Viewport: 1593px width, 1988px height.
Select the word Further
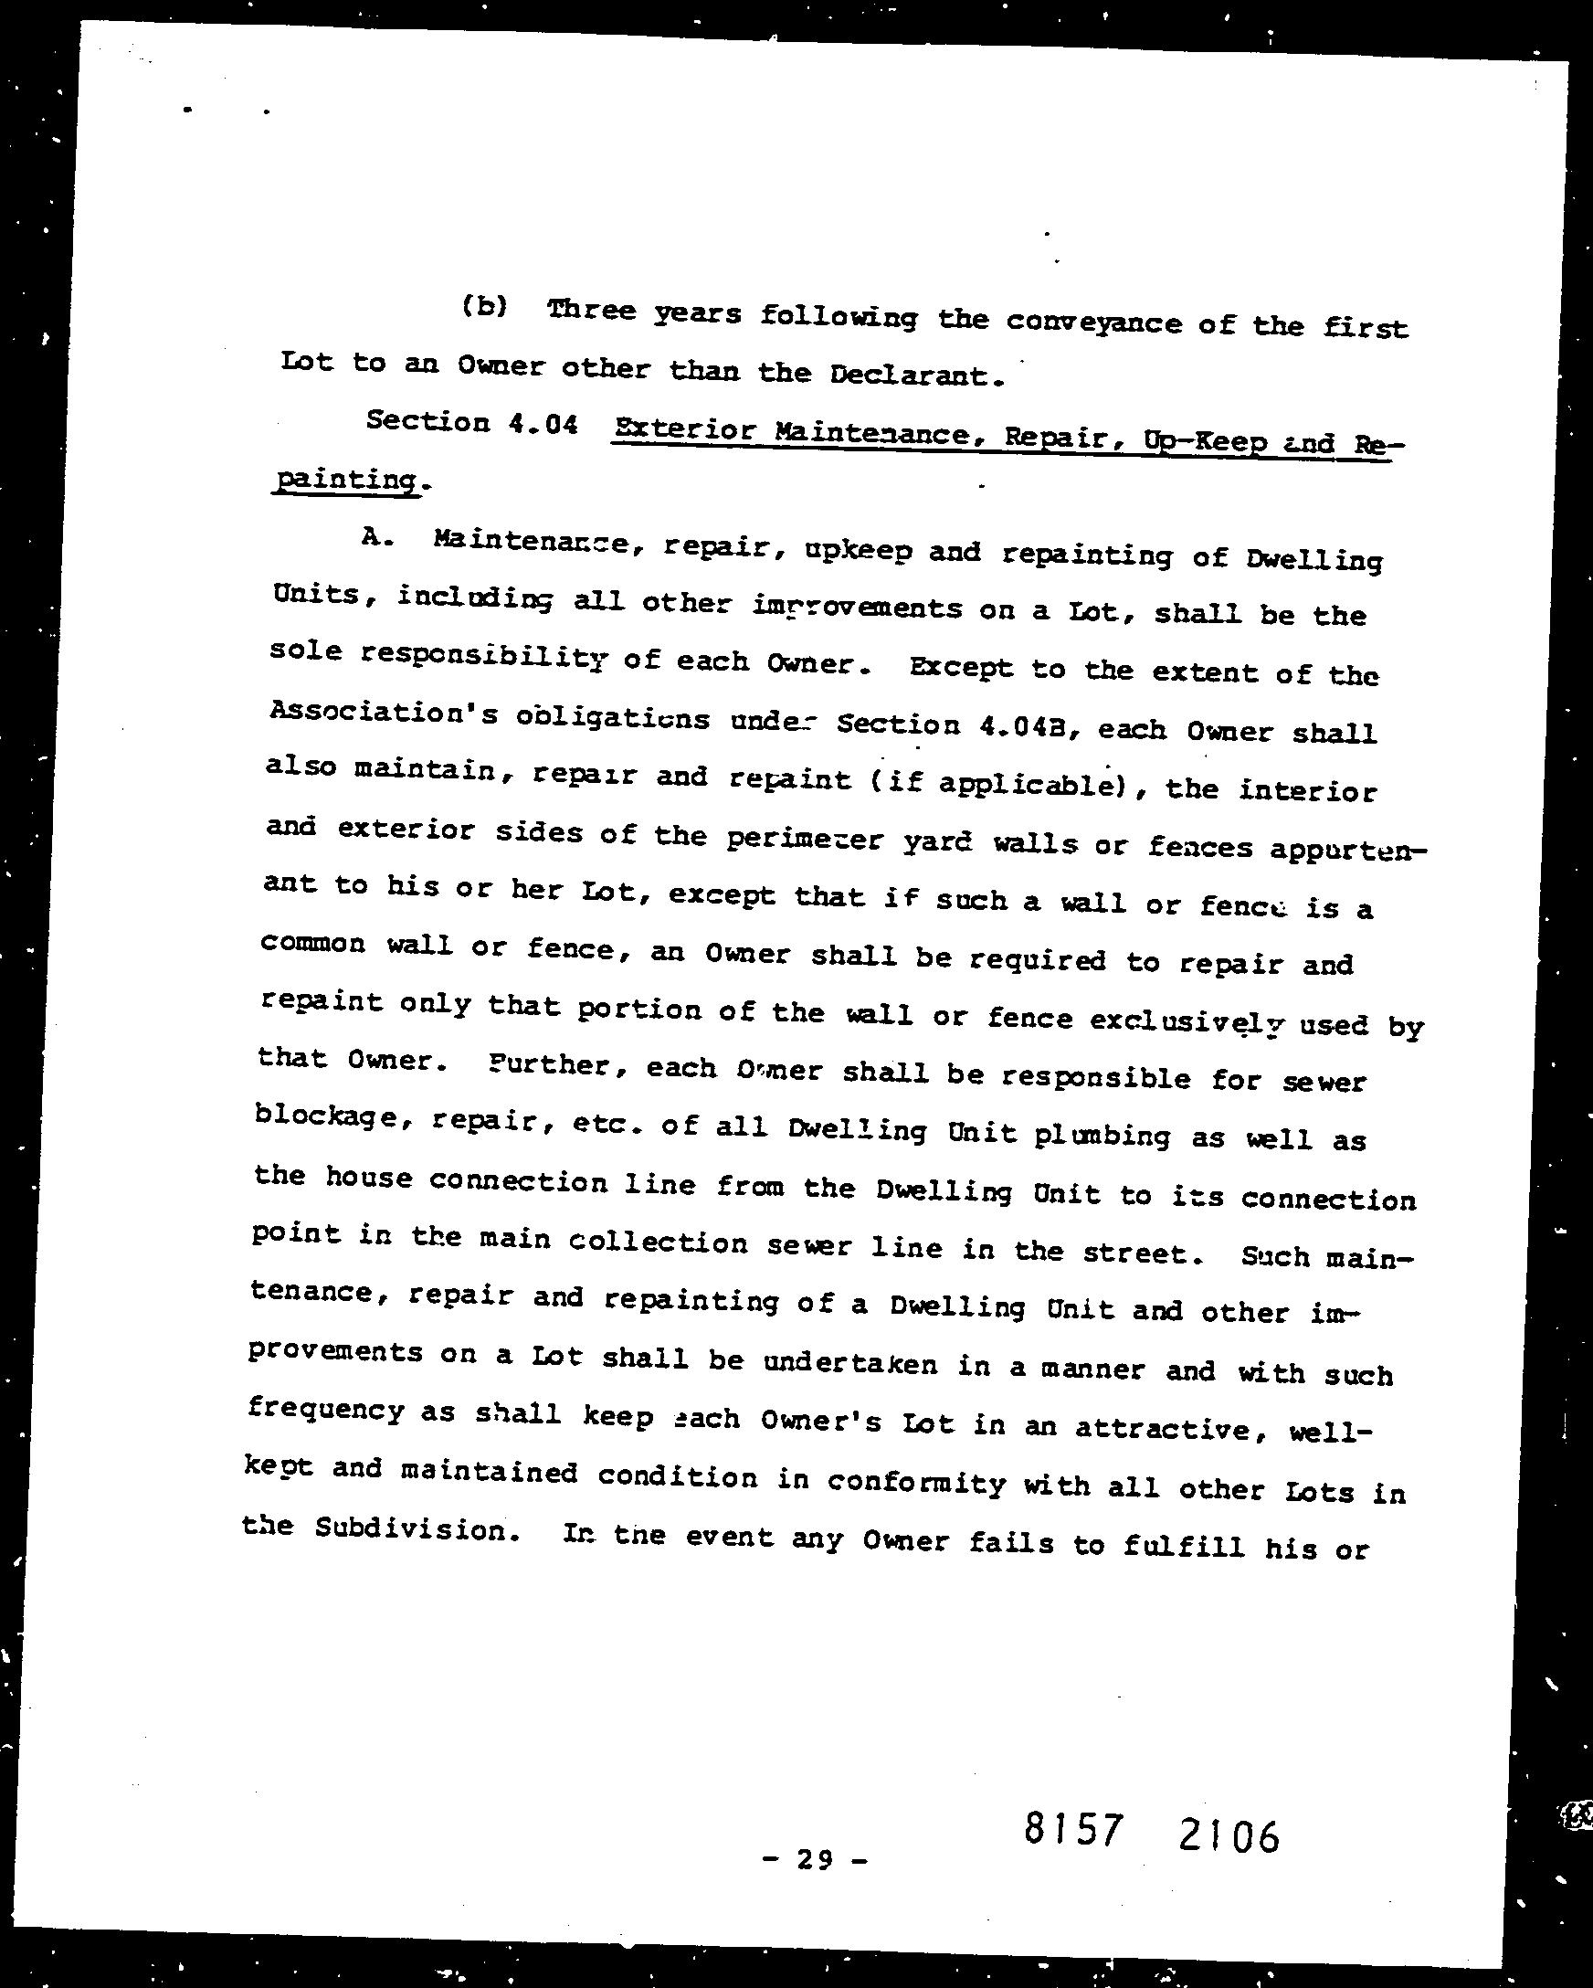(559, 1064)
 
